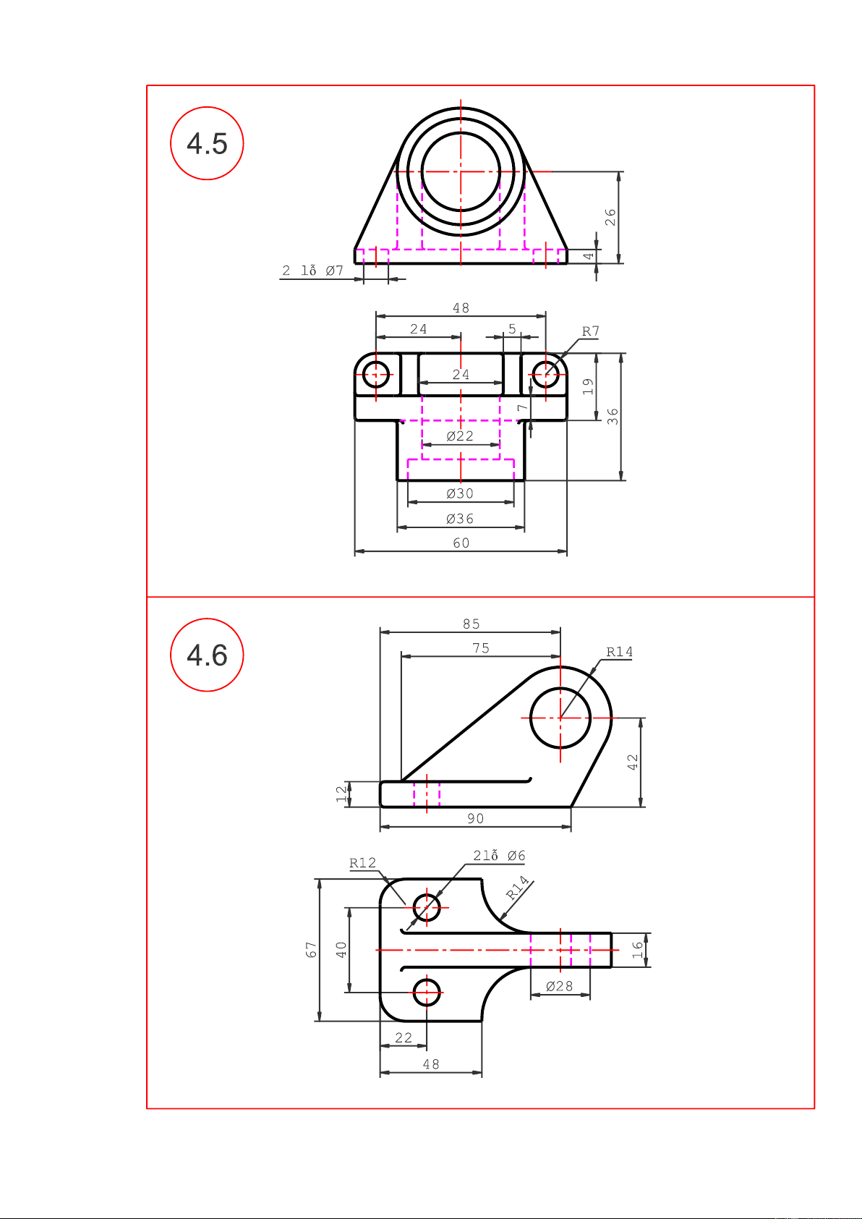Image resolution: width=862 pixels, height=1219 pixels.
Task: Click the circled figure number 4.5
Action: tap(207, 144)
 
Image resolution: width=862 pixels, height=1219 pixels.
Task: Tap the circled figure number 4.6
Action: tap(207, 655)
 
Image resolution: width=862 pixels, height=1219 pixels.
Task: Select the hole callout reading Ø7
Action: tap(335, 271)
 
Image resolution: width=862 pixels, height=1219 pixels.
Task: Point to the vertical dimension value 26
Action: tap(610, 217)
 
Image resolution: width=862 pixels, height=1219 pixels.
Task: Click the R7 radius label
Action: tap(591, 331)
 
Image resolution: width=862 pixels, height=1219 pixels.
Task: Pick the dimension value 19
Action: tap(588, 386)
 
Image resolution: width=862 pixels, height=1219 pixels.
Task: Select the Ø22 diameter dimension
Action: tap(460, 436)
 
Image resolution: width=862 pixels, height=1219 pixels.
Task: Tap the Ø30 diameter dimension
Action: tap(460, 493)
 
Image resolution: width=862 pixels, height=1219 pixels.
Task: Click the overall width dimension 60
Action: tap(461, 543)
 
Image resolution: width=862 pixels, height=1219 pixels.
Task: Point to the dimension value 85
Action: tap(471, 624)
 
